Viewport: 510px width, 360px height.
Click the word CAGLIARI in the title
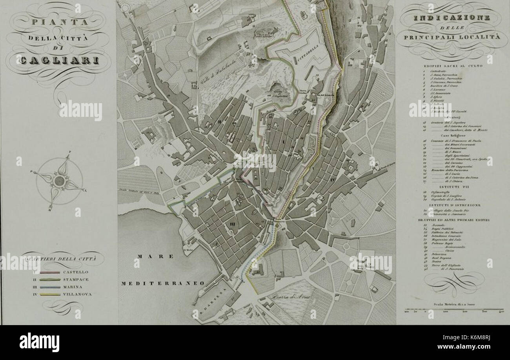[58, 60]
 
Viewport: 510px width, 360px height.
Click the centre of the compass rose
[59, 181]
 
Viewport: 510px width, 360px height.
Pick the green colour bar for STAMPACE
[49, 280]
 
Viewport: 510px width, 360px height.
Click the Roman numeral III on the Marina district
[232, 224]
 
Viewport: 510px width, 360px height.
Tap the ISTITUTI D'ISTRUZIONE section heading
[452, 205]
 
